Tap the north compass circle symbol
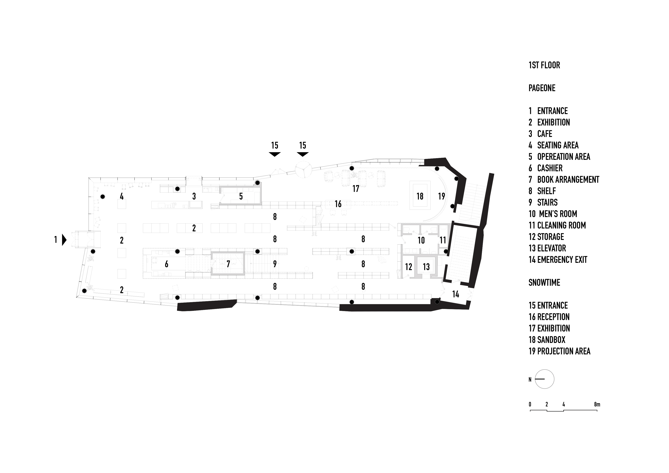[x=544, y=379]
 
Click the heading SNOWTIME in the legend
[x=544, y=282]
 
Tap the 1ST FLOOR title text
[x=544, y=65]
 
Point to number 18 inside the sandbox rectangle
[x=420, y=196]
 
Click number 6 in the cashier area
[x=166, y=264]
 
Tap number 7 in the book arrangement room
[x=228, y=264]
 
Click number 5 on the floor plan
[x=241, y=196]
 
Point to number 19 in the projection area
[x=441, y=196]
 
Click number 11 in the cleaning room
[x=443, y=240]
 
